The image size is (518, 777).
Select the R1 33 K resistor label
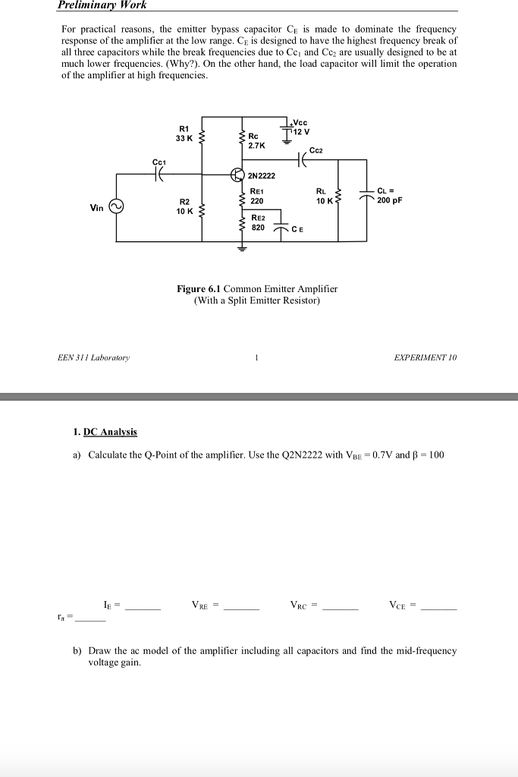click(184, 134)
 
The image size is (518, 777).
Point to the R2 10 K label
click(184, 206)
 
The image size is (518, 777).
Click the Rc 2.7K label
click(256, 140)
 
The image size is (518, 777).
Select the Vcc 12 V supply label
click(302, 127)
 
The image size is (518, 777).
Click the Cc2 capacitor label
click(316, 150)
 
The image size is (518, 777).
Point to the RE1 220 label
click(256, 197)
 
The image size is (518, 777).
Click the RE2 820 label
click(257, 222)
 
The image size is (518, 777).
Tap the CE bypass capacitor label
click(297, 230)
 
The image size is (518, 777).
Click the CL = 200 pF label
click(391, 197)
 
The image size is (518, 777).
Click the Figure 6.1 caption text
click(257, 294)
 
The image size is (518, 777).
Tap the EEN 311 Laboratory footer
click(94, 357)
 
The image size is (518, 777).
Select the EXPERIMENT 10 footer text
click(426, 357)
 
